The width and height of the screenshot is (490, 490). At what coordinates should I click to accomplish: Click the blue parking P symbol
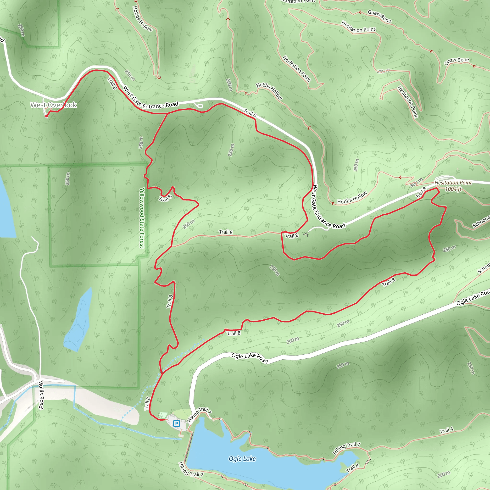(176, 423)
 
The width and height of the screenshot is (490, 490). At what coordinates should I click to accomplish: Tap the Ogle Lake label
(242, 459)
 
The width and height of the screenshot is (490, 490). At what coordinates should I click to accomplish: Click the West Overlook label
(54, 105)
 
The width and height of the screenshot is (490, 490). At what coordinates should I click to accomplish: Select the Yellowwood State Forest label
(142, 218)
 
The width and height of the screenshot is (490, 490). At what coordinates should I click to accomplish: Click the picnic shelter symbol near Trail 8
(306, 235)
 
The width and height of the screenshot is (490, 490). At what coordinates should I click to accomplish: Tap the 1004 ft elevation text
(453, 189)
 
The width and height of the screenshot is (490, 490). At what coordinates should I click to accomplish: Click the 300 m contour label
(417, 182)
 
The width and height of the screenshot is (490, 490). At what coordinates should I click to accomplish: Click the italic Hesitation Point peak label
(453, 183)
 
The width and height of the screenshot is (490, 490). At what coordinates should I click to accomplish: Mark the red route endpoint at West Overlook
(46, 116)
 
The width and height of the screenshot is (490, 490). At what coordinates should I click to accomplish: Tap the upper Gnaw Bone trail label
(379, 16)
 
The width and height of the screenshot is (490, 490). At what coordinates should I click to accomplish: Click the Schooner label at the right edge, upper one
(481, 222)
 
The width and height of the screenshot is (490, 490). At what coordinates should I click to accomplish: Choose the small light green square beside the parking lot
(163, 415)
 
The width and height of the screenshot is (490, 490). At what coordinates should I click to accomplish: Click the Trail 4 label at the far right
(446, 430)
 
